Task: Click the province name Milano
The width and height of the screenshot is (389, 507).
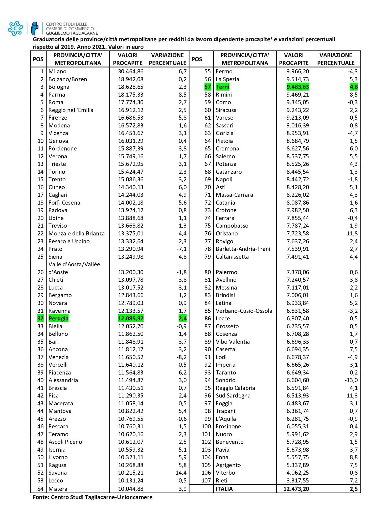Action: coord(57,72)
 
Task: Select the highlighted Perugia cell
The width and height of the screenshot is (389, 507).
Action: coord(58,318)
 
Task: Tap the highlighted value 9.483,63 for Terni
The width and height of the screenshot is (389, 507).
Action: coord(298,87)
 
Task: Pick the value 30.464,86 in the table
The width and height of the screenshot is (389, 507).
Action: coord(130,72)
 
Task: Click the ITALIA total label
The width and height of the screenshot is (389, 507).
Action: coord(224,489)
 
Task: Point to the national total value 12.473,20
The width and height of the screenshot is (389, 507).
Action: coord(296,489)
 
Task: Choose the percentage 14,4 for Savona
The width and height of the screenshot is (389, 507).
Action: coord(182,473)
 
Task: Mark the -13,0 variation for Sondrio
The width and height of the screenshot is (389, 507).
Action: coord(352,380)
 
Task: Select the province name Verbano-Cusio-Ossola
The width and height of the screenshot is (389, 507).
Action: coord(244,311)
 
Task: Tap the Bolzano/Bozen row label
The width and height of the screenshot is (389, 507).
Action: coord(67,79)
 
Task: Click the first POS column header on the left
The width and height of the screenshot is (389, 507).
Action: coord(38,59)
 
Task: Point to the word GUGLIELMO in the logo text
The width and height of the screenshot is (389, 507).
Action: coord(58,33)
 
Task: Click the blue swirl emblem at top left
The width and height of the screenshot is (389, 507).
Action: coord(15,28)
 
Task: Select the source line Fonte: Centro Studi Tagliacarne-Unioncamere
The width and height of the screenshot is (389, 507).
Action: coord(93,497)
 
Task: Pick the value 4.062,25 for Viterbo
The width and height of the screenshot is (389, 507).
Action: coord(298,473)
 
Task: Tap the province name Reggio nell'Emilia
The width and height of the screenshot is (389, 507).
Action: coord(71,110)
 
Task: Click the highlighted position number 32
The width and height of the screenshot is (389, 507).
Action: coord(40,318)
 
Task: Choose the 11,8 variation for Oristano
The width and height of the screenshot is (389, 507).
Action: coord(352,233)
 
